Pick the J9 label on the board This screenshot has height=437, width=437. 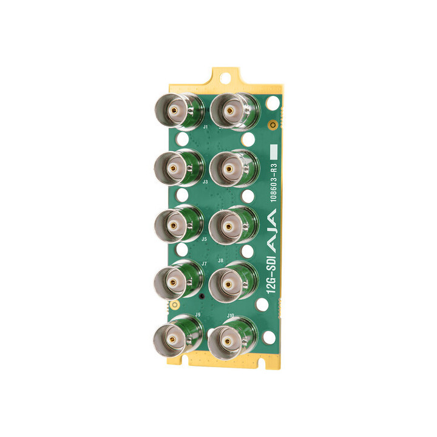coord(198,314)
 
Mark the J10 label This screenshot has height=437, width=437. coord(231,316)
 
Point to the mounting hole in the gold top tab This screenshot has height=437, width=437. coord(226,78)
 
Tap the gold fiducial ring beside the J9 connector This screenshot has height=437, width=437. coord(174,304)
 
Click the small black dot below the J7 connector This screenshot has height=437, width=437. coord(201,297)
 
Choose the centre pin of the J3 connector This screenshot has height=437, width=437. coord(173,168)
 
